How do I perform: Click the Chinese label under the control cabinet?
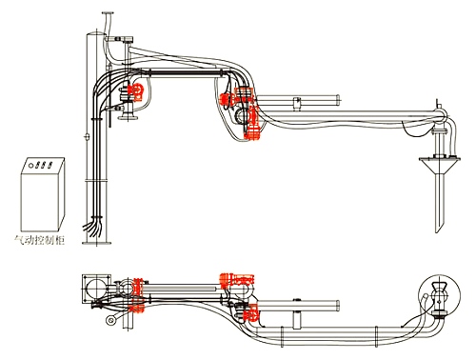point(40,240)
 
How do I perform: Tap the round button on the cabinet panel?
point(31,166)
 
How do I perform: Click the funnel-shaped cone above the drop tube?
point(440,165)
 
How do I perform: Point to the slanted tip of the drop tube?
point(440,227)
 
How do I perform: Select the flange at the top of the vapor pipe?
point(108,13)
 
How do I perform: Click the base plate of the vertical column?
point(97,243)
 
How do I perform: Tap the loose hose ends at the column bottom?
point(93,227)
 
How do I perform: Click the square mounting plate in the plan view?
point(96,289)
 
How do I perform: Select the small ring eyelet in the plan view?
point(110,320)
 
